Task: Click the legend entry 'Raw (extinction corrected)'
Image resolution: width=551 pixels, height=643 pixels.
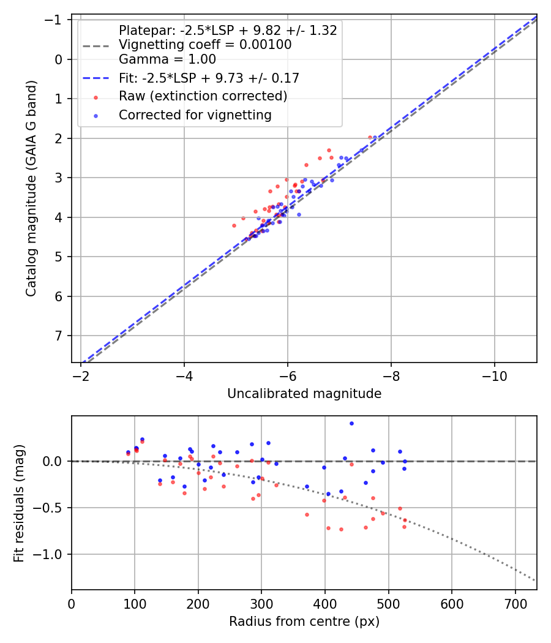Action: click(x=203, y=96)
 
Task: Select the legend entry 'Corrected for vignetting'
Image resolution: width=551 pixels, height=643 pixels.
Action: click(x=195, y=115)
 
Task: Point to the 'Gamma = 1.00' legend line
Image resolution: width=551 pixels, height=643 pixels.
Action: click(x=167, y=59)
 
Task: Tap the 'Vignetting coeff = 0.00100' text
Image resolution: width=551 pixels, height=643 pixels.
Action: click(x=205, y=45)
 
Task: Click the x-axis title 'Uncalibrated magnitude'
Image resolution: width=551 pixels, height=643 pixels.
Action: click(x=304, y=394)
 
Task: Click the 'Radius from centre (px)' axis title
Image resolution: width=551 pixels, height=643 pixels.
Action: click(x=304, y=622)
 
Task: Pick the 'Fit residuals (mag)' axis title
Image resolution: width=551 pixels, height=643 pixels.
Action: click(x=19, y=502)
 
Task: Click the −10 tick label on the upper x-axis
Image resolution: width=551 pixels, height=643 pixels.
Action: click(x=494, y=376)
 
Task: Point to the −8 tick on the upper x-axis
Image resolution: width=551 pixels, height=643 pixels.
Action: click(x=391, y=376)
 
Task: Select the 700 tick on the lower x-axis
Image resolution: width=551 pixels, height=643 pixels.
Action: click(x=515, y=603)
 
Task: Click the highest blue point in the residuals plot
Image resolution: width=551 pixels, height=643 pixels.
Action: click(x=351, y=423)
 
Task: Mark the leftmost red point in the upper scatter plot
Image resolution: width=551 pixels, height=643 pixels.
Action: click(x=234, y=225)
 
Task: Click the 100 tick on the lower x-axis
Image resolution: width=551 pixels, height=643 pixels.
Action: click(x=135, y=603)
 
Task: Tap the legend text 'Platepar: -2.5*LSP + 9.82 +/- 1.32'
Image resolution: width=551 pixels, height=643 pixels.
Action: click(x=228, y=31)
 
